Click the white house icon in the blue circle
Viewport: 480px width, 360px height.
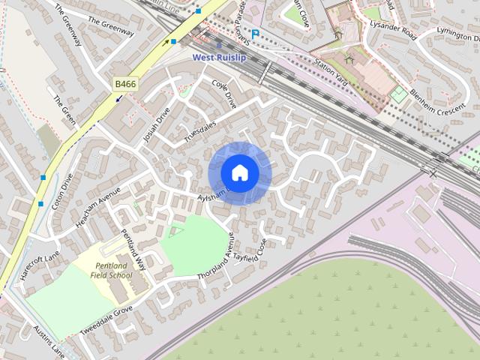[x=239, y=172]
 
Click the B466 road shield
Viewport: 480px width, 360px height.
[x=124, y=85]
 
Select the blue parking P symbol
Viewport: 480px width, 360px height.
[x=255, y=33]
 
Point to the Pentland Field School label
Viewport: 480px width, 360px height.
[x=112, y=271]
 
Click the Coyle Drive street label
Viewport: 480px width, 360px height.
[x=224, y=94]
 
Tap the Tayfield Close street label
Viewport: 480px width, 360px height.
[x=250, y=251]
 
